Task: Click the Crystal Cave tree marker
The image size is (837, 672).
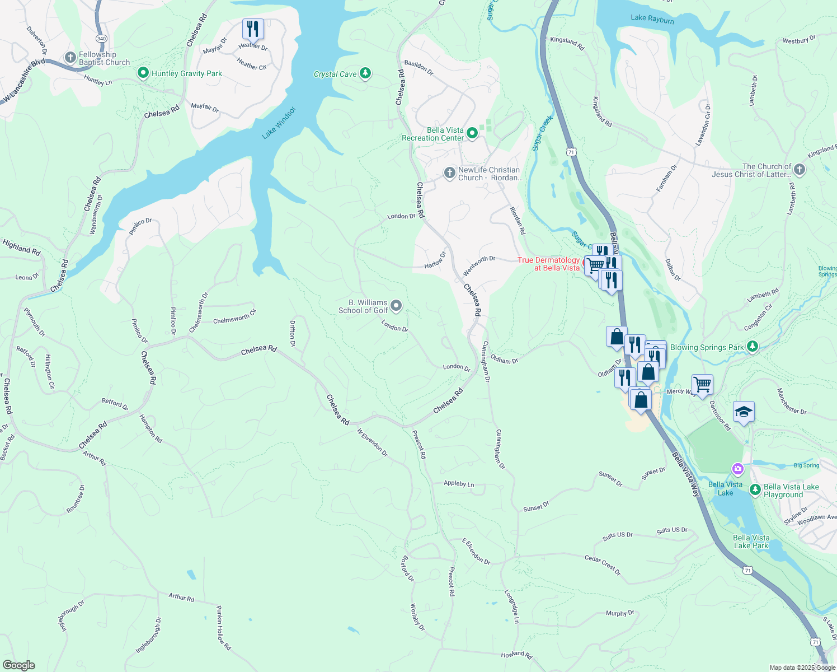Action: click(x=365, y=73)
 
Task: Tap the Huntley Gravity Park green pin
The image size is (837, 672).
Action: click(x=143, y=73)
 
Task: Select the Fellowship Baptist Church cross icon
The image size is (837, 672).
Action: click(x=70, y=57)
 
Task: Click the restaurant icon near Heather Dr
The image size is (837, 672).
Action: click(x=253, y=29)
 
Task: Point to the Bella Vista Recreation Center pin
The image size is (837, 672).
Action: click(x=472, y=133)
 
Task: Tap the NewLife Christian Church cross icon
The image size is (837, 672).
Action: click(x=449, y=173)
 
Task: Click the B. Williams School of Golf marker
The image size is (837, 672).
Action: click(x=396, y=306)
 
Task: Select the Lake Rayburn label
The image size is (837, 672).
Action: click(x=652, y=19)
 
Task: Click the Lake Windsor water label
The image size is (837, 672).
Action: click(x=278, y=123)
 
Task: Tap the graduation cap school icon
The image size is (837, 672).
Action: click(x=744, y=412)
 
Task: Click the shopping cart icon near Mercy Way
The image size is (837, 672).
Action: click(x=702, y=385)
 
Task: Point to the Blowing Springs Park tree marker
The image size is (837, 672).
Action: click(x=753, y=347)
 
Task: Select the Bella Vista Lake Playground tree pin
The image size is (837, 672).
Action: click(x=755, y=490)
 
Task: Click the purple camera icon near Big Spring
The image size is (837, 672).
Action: click(x=738, y=468)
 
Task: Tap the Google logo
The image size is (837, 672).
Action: click(x=19, y=665)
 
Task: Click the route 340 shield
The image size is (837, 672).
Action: click(x=101, y=39)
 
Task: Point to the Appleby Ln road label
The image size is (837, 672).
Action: click(x=459, y=484)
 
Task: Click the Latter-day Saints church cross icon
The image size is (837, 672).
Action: click(x=800, y=170)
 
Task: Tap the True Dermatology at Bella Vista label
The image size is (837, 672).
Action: click(x=548, y=264)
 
